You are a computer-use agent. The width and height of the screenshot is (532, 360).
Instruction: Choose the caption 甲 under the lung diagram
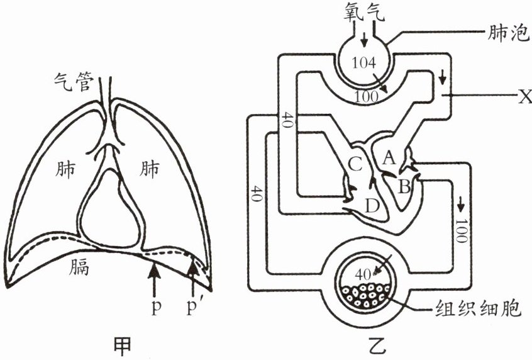(x=121, y=344)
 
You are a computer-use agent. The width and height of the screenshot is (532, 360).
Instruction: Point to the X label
(x=524, y=96)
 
